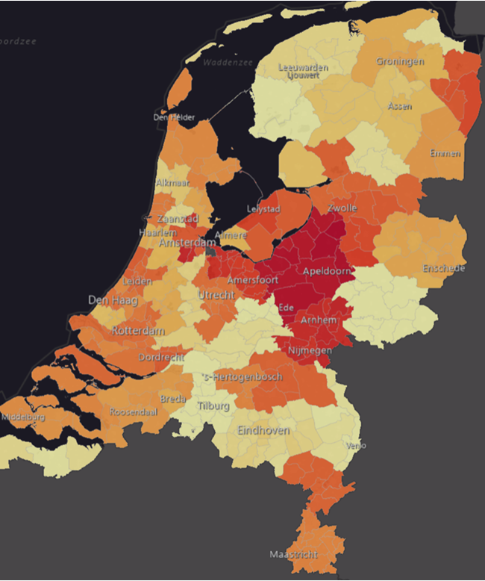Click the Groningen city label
[400, 61]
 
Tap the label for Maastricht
[294, 554]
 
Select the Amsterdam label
[187, 243]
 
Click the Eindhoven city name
[263, 431]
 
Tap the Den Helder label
[174, 117]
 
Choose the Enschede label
[443, 268]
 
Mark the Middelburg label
[23, 417]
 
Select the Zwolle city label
[342, 207]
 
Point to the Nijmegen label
[311, 350]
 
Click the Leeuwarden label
[302, 67]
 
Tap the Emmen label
[445, 153]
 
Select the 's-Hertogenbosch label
[242, 377]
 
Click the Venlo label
[356, 446]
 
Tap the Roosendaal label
[133, 411]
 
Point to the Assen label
[399, 107]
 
